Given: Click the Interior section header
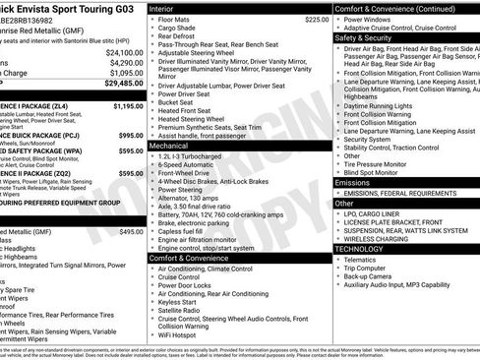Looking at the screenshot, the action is (x=163, y=7).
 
